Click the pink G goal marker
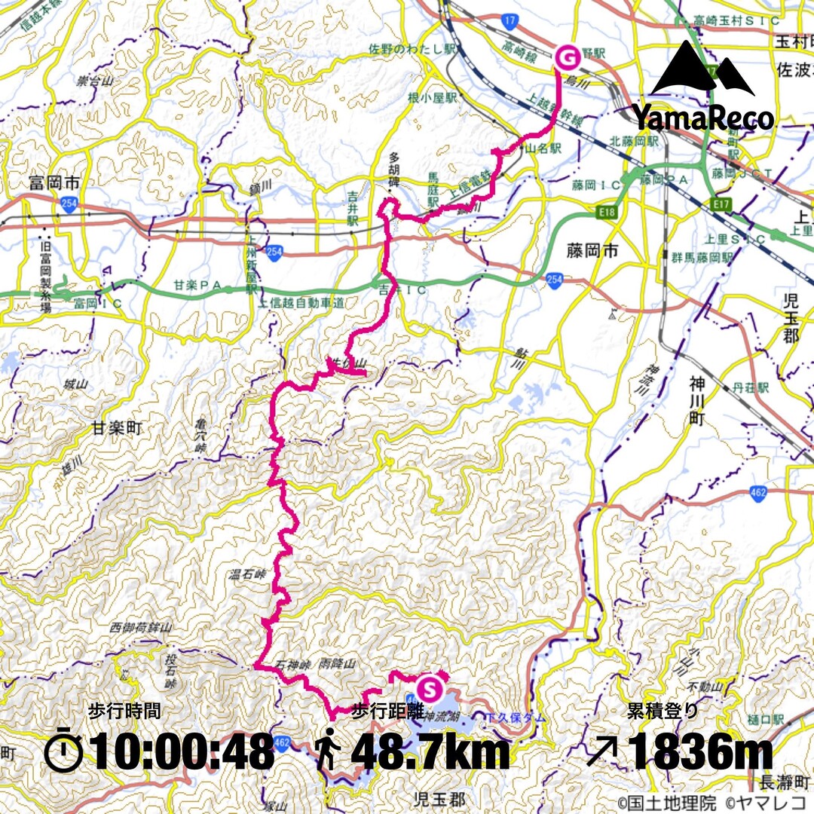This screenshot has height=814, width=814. [x=567, y=56]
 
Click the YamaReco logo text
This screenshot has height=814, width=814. [x=702, y=118]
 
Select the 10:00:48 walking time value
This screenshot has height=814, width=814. [x=182, y=752]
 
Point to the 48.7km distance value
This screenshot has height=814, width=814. [x=430, y=752]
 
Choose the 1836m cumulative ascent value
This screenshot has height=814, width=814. [x=701, y=752]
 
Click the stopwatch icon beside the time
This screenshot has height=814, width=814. [x=63, y=751]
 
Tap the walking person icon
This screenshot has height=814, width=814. [x=328, y=752]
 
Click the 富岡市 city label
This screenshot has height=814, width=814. [x=54, y=183]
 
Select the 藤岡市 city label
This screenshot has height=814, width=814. [x=595, y=250]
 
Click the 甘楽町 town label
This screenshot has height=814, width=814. [x=118, y=428]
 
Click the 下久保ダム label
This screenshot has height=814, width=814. [x=516, y=713]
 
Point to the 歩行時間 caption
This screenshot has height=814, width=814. [x=124, y=710]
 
